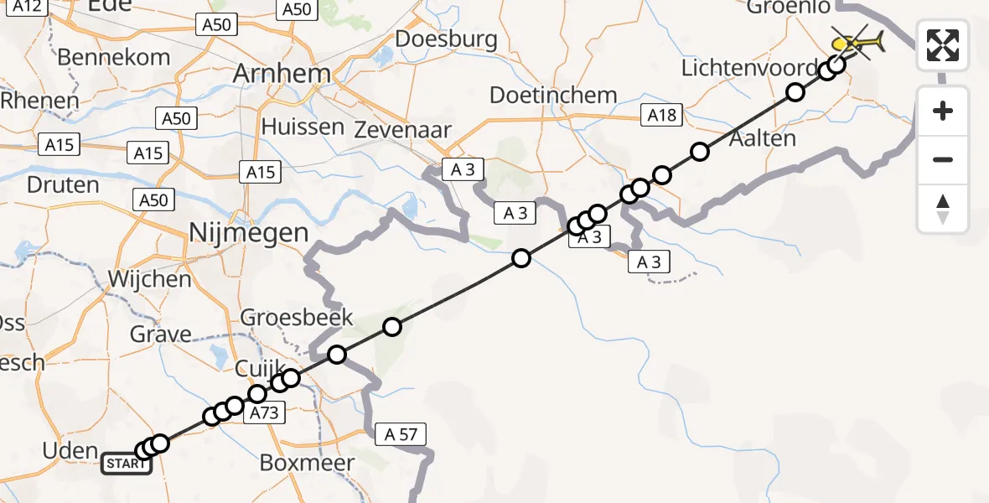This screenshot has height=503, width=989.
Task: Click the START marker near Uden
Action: point(127,463)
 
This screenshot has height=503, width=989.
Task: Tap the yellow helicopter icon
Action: point(857,41)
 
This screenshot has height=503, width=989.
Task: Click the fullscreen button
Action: point(943,45)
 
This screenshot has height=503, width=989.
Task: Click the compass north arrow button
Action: point(943,209)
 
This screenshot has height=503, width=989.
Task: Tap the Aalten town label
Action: point(762,138)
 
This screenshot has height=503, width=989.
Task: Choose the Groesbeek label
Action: point(297,319)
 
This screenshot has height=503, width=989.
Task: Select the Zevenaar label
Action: point(402,130)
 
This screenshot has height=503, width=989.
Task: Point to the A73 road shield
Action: point(263,412)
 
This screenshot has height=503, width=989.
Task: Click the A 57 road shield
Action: point(401,434)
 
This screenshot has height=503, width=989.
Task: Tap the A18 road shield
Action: point(662,116)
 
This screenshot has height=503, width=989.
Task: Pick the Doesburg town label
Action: point(446,39)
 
